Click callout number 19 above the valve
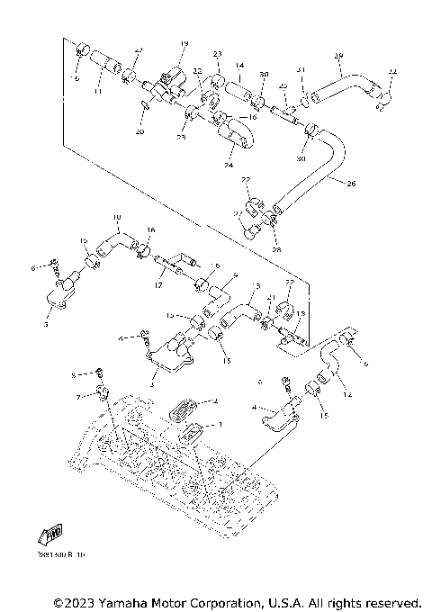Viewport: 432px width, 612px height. pyautogui.click(x=184, y=44)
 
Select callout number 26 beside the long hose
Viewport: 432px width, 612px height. pyautogui.click(x=350, y=183)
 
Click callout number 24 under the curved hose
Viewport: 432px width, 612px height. pyautogui.click(x=228, y=165)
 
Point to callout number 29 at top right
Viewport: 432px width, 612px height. pyautogui.click(x=338, y=57)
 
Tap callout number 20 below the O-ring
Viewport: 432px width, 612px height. pyautogui.click(x=139, y=131)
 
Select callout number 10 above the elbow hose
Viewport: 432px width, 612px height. pyautogui.click(x=116, y=218)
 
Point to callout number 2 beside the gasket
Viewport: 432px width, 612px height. pyautogui.click(x=214, y=401)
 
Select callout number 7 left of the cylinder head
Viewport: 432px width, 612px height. pyautogui.click(x=78, y=396)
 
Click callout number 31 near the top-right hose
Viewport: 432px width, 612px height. pyautogui.click(x=301, y=70)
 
